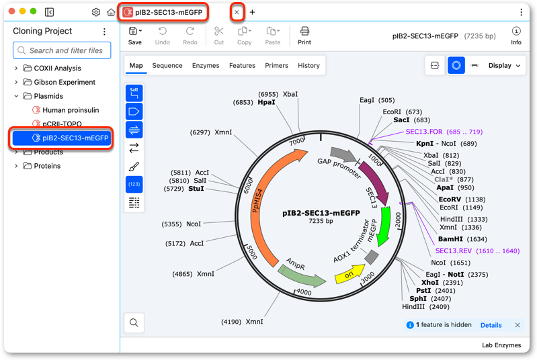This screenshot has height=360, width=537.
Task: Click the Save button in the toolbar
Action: [x=135, y=36]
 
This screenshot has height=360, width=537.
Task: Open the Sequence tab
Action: [x=167, y=65]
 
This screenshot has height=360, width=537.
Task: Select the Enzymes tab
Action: [x=206, y=65]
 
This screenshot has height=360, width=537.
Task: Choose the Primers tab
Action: [x=276, y=65]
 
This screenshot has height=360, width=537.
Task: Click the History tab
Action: [x=308, y=65]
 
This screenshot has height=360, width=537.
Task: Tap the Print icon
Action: [x=304, y=32]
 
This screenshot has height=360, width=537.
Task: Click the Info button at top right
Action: [x=516, y=36]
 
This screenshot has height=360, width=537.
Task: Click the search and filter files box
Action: [x=62, y=50]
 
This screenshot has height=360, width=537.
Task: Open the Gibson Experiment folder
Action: [x=65, y=82]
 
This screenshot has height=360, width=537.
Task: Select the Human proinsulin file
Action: [x=71, y=110]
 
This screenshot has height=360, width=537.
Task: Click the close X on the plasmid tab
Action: [x=237, y=12]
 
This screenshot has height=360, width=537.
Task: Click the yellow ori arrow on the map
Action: [x=349, y=273]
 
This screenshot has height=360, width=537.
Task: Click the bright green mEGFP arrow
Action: [x=384, y=226]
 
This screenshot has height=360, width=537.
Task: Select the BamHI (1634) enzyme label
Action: [x=462, y=239]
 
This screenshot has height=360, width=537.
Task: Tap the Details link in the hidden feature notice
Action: [x=491, y=325]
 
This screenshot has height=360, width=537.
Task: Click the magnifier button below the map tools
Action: [x=134, y=322]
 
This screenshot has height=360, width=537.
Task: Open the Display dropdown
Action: [x=504, y=65]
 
